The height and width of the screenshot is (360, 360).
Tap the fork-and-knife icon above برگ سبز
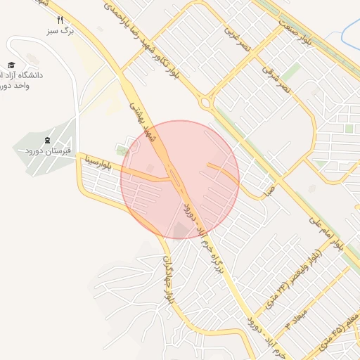click(x=60, y=20)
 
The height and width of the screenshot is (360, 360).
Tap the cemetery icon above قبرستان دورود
click(x=47, y=140)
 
